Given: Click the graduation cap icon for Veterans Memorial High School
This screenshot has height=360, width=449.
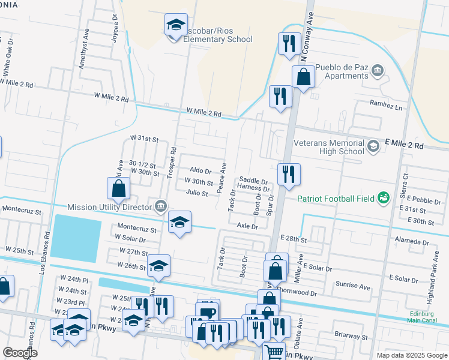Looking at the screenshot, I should (x=373, y=146).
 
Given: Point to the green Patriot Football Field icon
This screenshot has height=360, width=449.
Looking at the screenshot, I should (x=382, y=197).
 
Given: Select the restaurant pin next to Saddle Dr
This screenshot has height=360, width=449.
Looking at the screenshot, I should (x=289, y=174).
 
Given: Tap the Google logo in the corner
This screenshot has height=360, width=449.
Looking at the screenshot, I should (x=20, y=353).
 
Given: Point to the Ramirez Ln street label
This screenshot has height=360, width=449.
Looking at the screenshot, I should (x=386, y=106).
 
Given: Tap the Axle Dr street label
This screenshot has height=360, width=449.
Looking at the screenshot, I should (x=247, y=226).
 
